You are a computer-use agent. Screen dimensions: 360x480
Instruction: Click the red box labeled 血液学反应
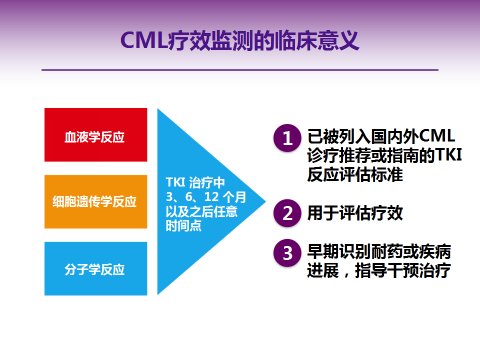pyautogui.click(x=94, y=134)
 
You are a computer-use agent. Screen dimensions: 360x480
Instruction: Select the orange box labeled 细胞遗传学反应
pyautogui.click(x=94, y=200)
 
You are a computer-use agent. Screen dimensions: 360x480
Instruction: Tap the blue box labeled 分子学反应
pyautogui.click(x=94, y=267)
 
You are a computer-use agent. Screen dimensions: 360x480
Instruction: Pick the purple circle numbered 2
pyautogui.click(x=287, y=212)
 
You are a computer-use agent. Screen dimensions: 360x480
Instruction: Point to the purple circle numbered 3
pyautogui.click(x=287, y=252)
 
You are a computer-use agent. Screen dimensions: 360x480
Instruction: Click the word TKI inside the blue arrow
pyautogui.click(x=174, y=182)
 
